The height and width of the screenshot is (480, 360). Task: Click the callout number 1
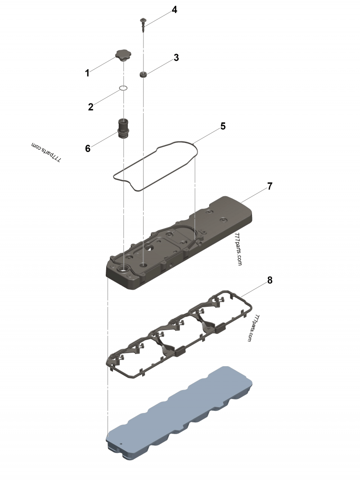pyautogui.click(x=87, y=73)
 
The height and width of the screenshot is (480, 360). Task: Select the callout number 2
pyautogui.click(x=90, y=107)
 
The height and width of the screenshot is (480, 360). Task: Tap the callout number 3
pyautogui.click(x=176, y=58)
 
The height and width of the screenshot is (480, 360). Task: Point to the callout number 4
pyautogui.click(x=174, y=10)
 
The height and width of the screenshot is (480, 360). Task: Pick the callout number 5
pyautogui.click(x=223, y=126)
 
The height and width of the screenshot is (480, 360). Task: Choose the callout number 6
pyautogui.click(x=88, y=148)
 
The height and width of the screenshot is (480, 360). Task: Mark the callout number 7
pyautogui.click(x=270, y=186)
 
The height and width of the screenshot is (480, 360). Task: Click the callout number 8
pyautogui.click(x=270, y=280)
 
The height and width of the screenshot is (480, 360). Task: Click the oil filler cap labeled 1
pyautogui.click(x=122, y=56)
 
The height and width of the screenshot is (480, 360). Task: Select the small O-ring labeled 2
pyautogui.click(x=124, y=88)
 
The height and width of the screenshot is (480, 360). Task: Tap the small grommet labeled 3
pyautogui.click(x=144, y=74)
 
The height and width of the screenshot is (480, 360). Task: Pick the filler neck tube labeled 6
pyautogui.click(x=123, y=128)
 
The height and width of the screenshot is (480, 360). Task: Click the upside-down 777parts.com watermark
pyautogui.click(x=46, y=153)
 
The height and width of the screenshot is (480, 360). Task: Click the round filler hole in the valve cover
pyautogui.click(x=122, y=269)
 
